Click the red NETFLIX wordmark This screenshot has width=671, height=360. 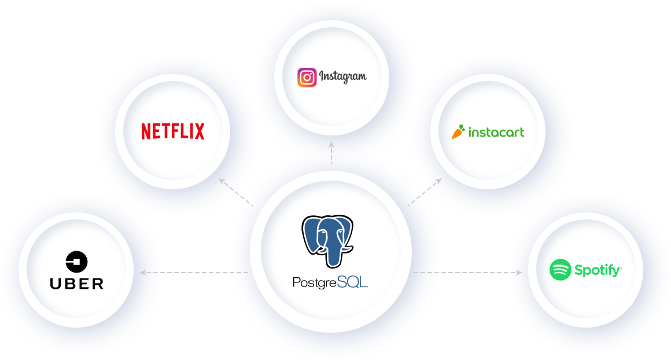click(173, 131)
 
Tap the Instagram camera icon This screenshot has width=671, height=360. click(307, 78)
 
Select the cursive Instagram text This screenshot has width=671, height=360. click(343, 77)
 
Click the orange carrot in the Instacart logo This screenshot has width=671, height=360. click(458, 132)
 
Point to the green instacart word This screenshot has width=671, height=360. click(496, 133)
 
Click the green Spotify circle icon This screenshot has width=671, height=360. click(560, 270)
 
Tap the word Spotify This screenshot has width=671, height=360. click(598, 270)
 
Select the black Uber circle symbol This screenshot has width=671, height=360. click(76, 262)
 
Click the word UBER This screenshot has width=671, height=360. click(76, 284)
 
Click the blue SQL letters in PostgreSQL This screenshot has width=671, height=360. click(352, 282)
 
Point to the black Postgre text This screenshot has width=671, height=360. click(315, 283)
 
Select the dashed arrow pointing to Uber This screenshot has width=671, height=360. click(194, 272)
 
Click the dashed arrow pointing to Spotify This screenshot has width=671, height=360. click(468, 272)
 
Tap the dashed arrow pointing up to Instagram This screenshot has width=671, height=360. click(331, 153)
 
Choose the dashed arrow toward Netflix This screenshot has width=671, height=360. click(236, 192)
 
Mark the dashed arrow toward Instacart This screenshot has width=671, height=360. click(424, 192)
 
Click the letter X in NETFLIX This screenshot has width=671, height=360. click(200, 131)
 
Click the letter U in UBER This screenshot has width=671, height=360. click(55, 284)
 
